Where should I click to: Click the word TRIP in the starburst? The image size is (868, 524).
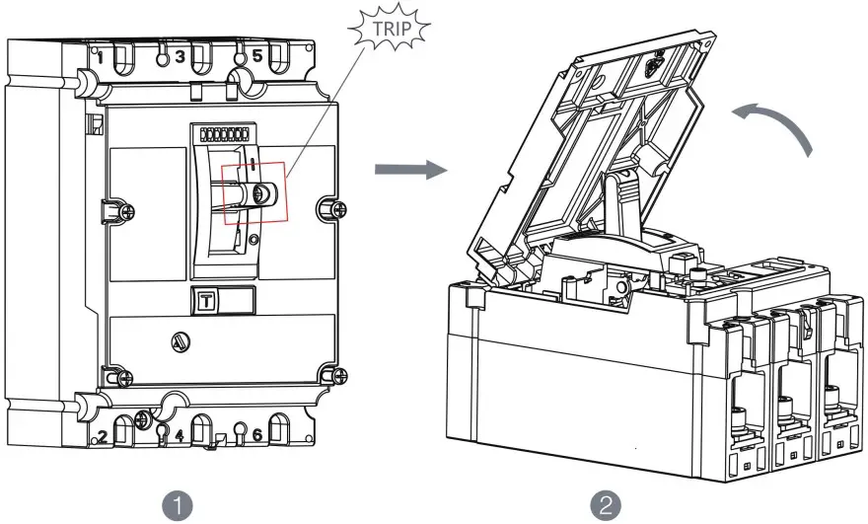pos(392,29)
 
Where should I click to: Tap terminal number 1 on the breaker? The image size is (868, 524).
pos(101,57)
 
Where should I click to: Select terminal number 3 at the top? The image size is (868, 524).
pos(180,56)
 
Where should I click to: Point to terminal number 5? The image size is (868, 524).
pos(257,55)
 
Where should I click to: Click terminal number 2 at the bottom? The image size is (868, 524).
pos(103,436)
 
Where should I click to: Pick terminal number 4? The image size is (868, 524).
pos(180,435)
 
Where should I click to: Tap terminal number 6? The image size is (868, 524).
pos(257,435)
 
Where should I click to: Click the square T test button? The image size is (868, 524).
pos(206,301)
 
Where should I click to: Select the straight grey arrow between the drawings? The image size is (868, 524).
pos(410,169)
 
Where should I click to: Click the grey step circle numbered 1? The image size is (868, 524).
pos(178,505)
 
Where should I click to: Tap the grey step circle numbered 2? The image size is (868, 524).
pos(606,505)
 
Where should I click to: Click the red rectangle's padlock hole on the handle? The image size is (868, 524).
pos(259,193)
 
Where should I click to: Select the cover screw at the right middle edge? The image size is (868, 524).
pos(338,209)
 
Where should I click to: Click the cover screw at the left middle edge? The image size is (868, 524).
pos(127,211)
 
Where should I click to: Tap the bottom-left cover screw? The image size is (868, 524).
pos(125,378)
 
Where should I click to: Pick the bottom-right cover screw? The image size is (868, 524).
pos(338,377)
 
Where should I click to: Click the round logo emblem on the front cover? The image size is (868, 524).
pos(181,342)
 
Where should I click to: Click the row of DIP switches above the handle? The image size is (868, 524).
pos(224,134)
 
